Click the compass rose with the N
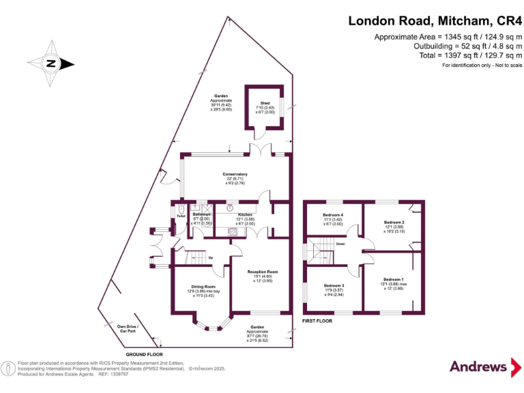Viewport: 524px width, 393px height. pos(51,64)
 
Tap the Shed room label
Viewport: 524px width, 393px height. pos(265,103)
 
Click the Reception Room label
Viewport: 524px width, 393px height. pos(263,272)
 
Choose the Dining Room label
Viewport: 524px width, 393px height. pos(203,287)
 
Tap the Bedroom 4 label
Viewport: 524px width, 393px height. pos(332,216)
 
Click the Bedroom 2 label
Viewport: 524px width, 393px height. pos(394,223)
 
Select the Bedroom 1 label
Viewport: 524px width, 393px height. pos(393,280)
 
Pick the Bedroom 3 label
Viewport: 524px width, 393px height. pos(334,285)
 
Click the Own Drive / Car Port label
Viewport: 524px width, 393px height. pos(128,328)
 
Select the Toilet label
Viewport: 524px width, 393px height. pos(181,216)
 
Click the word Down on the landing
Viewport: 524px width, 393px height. pos(340,244)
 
